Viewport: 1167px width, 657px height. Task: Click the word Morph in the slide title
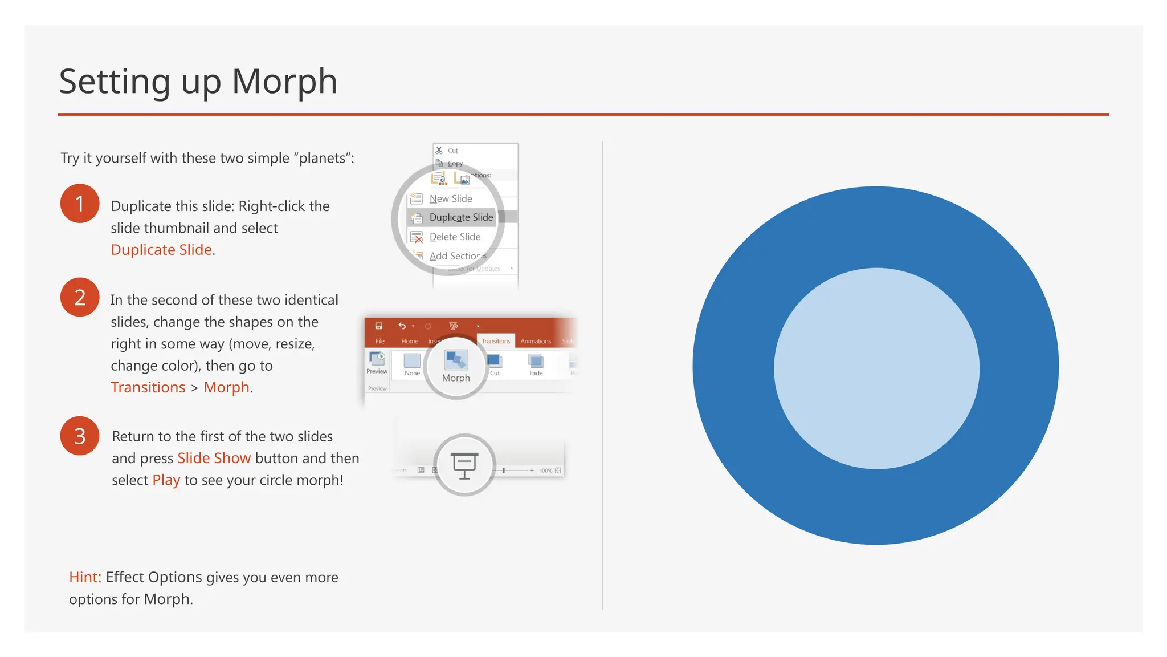[284, 82]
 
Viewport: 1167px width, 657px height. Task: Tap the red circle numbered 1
[80, 204]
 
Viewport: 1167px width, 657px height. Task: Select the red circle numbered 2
[80, 297]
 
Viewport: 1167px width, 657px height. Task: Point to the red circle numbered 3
[80, 436]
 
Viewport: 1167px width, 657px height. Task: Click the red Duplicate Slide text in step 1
[161, 250]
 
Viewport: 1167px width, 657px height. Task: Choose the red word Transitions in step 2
[148, 387]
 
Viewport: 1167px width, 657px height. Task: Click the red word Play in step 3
[166, 480]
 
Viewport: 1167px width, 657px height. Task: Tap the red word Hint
[85, 577]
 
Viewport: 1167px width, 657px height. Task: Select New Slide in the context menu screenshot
[450, 198]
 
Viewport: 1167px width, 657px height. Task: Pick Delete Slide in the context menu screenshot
[454, 237]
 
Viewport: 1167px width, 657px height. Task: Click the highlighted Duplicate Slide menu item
[460, 217]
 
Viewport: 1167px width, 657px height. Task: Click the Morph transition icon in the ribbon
[456, 360]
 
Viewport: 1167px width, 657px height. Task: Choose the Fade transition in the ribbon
[536, 364]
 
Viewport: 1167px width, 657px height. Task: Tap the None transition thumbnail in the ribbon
[412, 364]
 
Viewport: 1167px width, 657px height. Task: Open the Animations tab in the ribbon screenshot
[536, 341]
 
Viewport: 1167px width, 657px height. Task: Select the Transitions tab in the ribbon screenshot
[496, 341]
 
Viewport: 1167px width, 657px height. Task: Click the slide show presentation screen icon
[464, 465]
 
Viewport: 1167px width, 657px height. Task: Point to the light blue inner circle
[876, 368]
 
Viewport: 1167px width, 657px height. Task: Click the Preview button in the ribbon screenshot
[377, 363]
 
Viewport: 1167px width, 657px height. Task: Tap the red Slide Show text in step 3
[214, 458]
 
